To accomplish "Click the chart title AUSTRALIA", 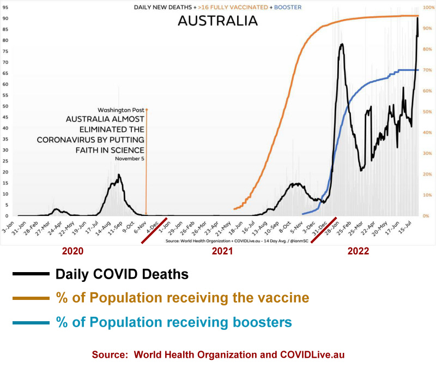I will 217,21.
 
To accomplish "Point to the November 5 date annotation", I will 130,159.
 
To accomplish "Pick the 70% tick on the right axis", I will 428,70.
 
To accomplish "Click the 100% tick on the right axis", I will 428,8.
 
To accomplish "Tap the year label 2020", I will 72,251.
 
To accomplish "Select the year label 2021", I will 222,251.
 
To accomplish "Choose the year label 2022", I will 358,251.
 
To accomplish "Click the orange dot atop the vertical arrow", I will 146,110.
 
